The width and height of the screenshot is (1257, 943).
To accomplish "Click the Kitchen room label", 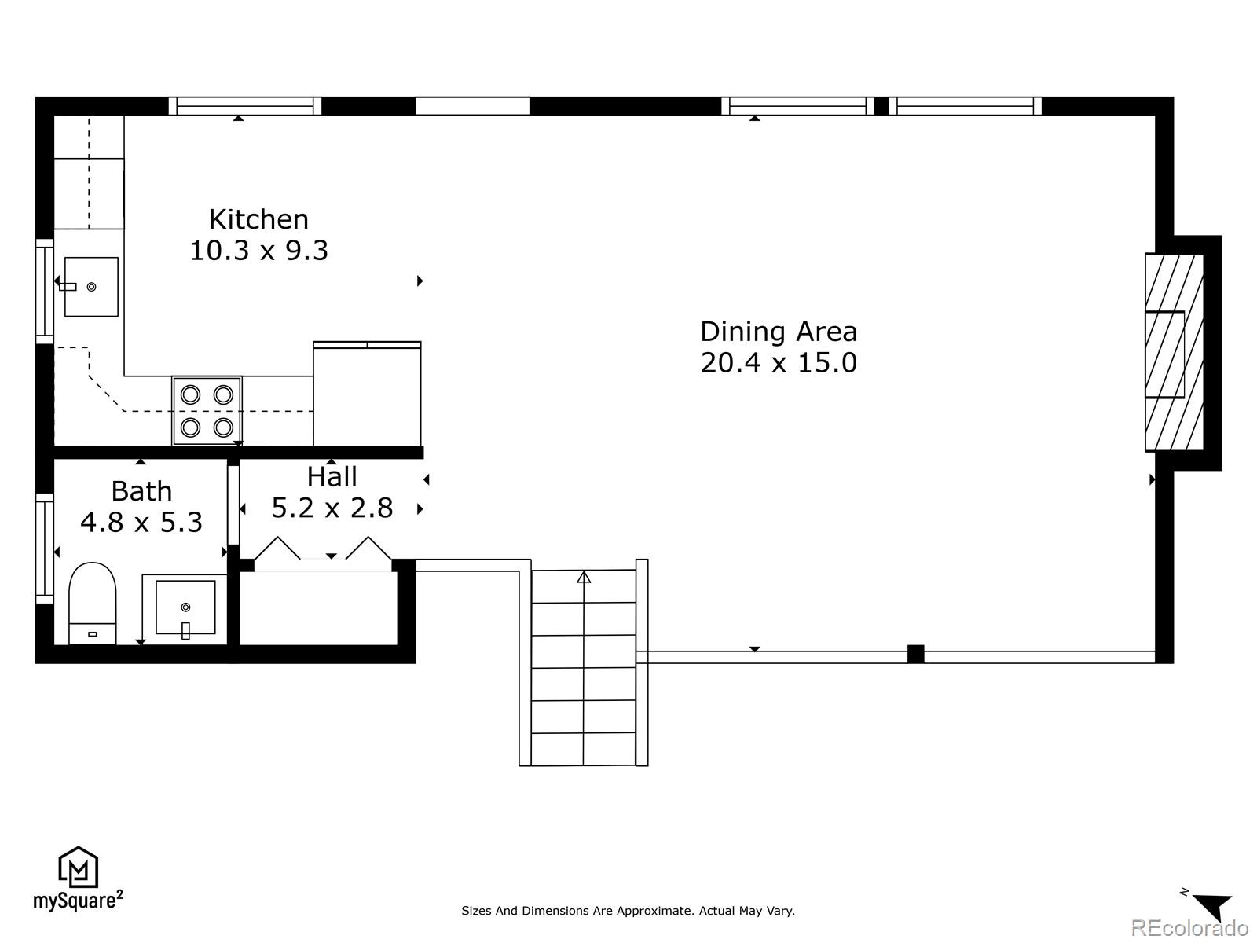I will coord(258,218).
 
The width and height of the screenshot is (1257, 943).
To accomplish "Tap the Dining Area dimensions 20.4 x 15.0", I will coord(778,363).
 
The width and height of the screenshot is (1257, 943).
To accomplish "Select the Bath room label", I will coord(141,491).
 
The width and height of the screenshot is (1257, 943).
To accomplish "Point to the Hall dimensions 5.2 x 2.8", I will coord(332,508).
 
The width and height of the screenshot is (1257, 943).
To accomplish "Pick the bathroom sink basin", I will coord(185,607).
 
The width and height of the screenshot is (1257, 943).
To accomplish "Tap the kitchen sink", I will coord(91,287).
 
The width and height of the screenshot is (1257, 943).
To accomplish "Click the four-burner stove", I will coord(207,410).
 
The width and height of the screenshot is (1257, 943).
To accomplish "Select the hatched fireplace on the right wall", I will coord(1174,353).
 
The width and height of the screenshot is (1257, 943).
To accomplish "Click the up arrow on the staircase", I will coord(584,578).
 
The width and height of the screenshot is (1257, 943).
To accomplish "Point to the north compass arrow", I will coord(1214,906).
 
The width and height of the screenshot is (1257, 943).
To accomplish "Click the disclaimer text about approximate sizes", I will coord(628,911).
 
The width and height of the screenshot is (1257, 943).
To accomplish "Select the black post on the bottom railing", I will coord(915,654).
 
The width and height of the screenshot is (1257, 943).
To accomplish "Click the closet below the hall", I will coord(317,608).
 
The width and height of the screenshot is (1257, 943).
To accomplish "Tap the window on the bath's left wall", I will coord(44,548).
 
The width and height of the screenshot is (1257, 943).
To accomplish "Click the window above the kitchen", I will coord(245,106).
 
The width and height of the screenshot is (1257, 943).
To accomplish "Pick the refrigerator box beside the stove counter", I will coord(367,394).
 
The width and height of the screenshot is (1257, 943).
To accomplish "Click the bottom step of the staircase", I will coord(583,750).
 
